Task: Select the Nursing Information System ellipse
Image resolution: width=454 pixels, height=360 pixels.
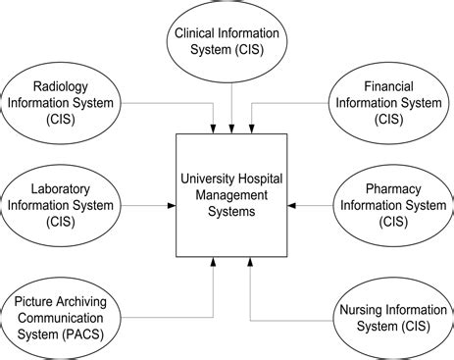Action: (386, 314)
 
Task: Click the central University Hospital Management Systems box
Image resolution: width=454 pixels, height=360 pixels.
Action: (231, 195)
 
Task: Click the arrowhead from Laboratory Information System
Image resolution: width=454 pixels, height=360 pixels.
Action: (171, 206)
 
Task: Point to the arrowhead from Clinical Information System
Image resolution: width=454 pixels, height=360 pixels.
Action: (232, 129)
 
